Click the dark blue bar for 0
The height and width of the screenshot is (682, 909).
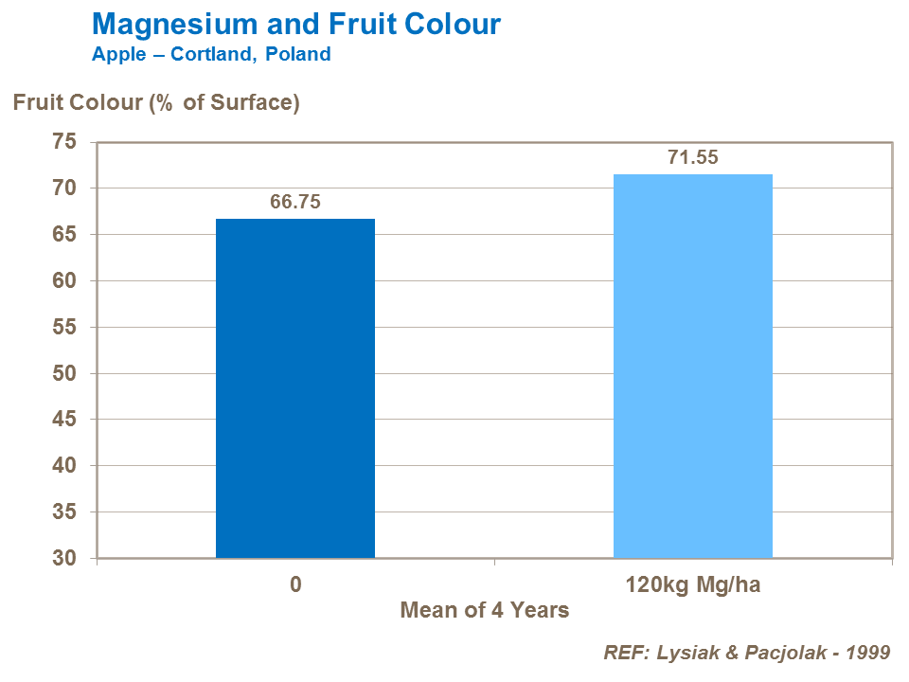pos(295,388)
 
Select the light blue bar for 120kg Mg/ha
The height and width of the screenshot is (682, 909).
pos(693,366)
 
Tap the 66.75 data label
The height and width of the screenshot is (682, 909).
pos(295,203)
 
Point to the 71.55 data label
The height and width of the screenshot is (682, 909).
pos(693,158)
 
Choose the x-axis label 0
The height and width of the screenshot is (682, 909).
pos(295,584)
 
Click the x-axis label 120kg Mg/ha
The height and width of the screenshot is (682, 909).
pos(693,584)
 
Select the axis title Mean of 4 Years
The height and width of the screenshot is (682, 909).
pos(485,610)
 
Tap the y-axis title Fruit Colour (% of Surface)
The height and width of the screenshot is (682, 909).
pos(156,102)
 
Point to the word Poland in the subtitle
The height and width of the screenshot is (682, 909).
pos(298,54)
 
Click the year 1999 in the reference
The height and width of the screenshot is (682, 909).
pos(867,653)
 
